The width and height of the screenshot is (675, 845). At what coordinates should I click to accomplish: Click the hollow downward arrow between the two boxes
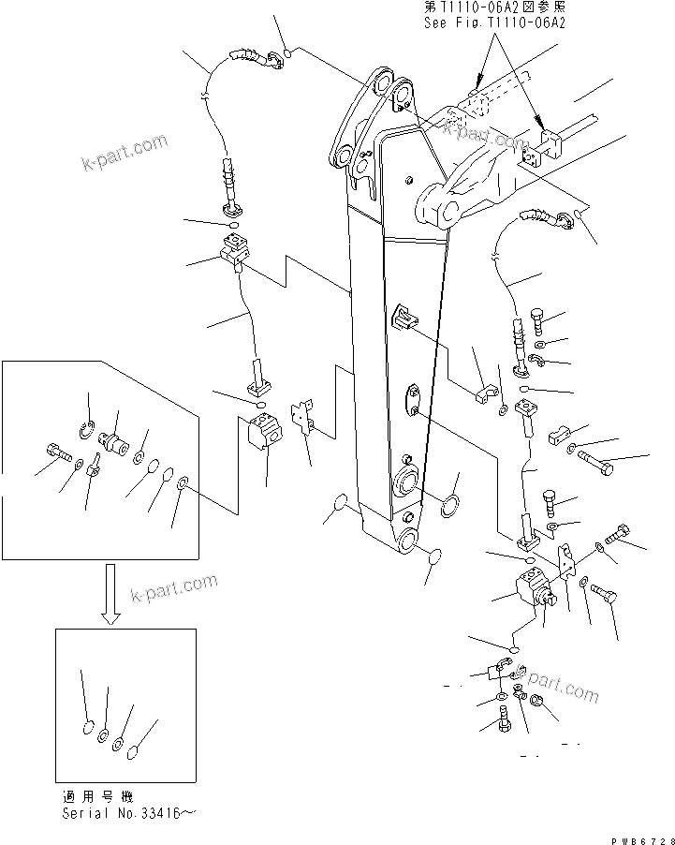(110, 593)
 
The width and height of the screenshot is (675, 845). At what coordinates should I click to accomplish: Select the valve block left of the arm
(263, 432)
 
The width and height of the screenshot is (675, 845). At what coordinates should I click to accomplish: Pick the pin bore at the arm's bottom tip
(410, 541)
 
